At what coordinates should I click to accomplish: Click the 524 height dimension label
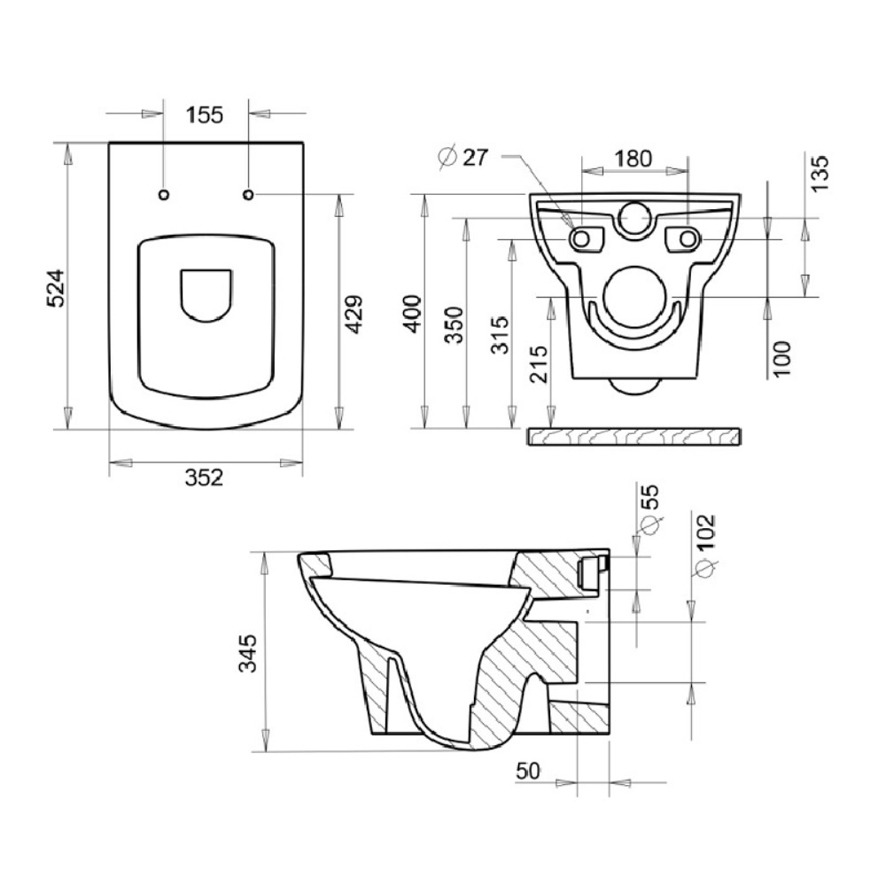pyautogui.click(x=56, y=288)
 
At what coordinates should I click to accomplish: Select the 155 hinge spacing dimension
pyautogui.click(x=206, y=114)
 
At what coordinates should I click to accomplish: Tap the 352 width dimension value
pyautogui.click(x=204, y=478)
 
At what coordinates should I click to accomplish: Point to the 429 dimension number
pyautogui.click(x=354, y=315)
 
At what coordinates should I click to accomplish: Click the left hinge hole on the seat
pyautogui.click(x=164, y=195)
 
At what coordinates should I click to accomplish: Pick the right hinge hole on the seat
pyautogui.click(x=248, y=195)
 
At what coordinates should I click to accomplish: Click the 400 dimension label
pyautogui.click(x=413, y=314)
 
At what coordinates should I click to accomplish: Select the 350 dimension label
pyautogui.click(x=455, y=325)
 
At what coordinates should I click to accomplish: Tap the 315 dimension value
pyautogui.click(x=500, y=335)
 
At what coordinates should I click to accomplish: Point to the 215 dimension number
pyautogui.click(x=539, y=364)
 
